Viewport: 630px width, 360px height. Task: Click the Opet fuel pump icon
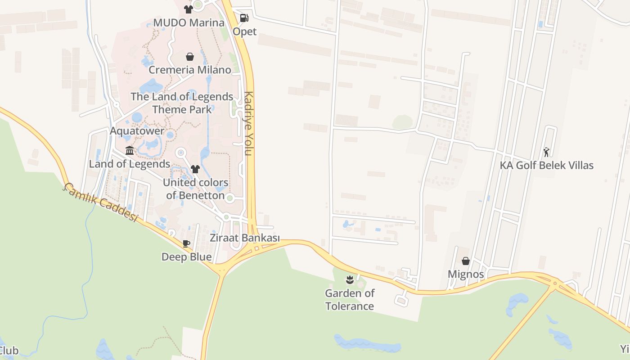pos(244,18)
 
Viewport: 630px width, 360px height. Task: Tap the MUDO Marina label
pos(189,22)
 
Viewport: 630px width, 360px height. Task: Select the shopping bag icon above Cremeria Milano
pos(190,57)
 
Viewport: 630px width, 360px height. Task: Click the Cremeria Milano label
pos(190,70)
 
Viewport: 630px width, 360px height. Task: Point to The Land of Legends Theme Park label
pos(182,103)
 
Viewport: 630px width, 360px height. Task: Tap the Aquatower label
pos(137,131)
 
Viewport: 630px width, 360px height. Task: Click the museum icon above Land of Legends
pos(130,150)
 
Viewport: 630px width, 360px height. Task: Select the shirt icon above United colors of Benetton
pos(195,169)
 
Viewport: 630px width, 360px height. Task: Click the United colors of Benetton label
pos(195,189)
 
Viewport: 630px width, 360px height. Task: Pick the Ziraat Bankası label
pos(245,238)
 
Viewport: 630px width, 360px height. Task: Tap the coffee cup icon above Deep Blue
pos(186,244)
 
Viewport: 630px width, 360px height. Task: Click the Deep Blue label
pos(187,257)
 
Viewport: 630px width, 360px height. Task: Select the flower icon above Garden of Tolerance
pos(350,280)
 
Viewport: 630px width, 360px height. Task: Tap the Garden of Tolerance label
pos(350,300)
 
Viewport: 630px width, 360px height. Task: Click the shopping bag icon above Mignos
pos(466,261)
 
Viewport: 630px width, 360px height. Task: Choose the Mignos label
pos(466,274)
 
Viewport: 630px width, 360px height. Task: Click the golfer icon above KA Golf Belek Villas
pos(546,152)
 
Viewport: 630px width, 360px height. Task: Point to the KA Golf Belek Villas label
pos(547,165)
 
